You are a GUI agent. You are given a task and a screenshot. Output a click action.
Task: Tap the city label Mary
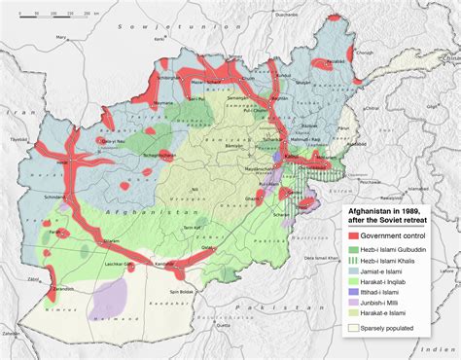61,37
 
